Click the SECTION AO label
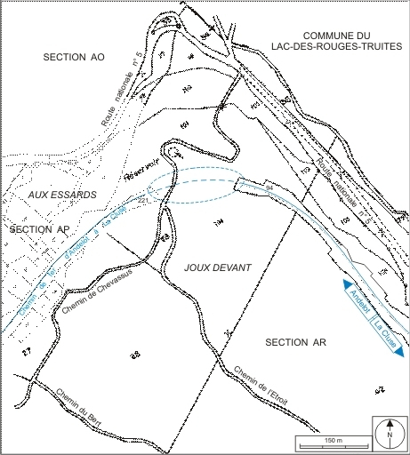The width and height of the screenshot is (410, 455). (74, 56)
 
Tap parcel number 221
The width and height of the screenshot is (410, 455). (143, 202)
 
